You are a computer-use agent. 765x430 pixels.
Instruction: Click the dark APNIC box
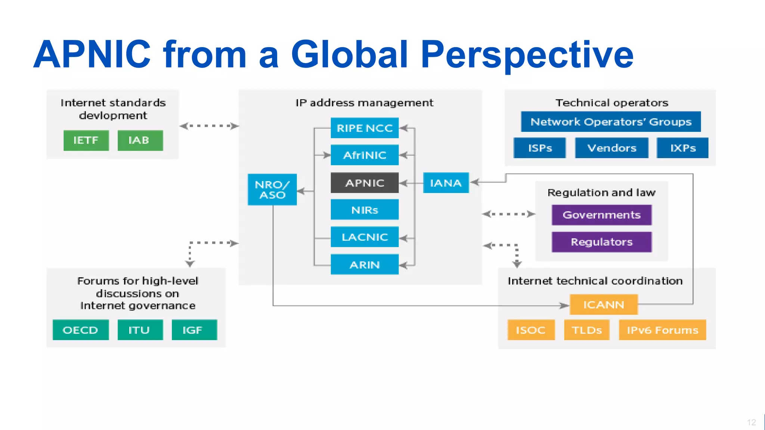[365, 183]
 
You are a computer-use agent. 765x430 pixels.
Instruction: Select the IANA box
[446, 183]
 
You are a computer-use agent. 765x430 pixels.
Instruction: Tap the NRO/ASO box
[272, 190]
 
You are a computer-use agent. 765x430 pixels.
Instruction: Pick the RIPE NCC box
[365, 128]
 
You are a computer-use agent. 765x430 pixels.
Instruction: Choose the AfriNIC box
[365, 155]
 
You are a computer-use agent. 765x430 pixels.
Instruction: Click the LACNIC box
[365, 237]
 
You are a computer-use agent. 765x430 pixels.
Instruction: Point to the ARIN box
[365, 265]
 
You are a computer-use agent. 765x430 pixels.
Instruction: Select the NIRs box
[365, 210]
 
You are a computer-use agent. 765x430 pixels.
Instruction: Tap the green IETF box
[86, 140]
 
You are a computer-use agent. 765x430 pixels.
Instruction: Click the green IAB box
[140, 140]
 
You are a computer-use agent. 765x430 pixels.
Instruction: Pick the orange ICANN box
[604, 305]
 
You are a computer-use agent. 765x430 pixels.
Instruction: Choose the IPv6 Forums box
[662, 330]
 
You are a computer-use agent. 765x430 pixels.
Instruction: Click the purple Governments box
[601, 215]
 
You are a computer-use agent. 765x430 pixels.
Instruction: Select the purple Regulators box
[601, 242]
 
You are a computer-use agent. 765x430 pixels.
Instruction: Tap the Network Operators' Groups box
[611, 122]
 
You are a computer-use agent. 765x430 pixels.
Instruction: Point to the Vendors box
[611, 148]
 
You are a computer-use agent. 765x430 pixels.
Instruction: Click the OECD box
[81, 330]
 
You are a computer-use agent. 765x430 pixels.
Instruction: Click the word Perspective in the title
[527, 55]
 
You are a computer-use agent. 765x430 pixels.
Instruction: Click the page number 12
[751, 422]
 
